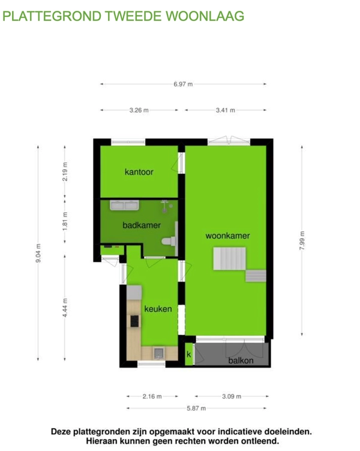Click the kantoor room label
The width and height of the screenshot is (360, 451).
pyautogui.click(x=139, y=172)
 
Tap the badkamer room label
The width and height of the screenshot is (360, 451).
pyautogui.click(x=142, y=225)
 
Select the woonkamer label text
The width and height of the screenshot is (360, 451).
pyautogui.click(x=227, y=236)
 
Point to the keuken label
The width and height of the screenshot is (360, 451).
pyautogui.click(x=158, y=309)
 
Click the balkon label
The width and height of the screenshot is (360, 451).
pyautogui.click(x=241, y=360)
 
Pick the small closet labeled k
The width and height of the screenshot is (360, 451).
pyautogui.click(x=189, y=354)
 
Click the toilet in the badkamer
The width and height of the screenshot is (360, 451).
pyautogui.click(x=169, y=241)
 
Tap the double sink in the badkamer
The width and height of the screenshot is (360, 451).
pyautogui.click(x=125, y=205)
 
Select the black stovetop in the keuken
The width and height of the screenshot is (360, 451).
pyautogui.click(x=134, y=321)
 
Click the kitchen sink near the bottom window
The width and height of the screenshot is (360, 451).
pyautogui.click(x=158, y=353)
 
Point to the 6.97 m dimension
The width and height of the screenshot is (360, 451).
pyautogui.click(x=183, y=85)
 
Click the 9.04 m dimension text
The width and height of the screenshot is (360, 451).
pyautogui.click(x=38, y=253)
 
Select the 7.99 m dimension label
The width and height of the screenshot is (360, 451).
pyautogui.click(x=302, y=240)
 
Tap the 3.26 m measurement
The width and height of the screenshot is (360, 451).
pyautogui.click(x=139, y=110)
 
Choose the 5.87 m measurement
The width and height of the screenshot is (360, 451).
pyautogui.click(x=196, y=408)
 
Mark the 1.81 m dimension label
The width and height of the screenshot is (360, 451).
pyautogui.click(x=65, y=221)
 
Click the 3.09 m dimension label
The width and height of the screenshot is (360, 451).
pyautogui.click(x=232, y=396)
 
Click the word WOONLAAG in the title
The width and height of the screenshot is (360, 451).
pyautogui.click(x=205, y=16)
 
